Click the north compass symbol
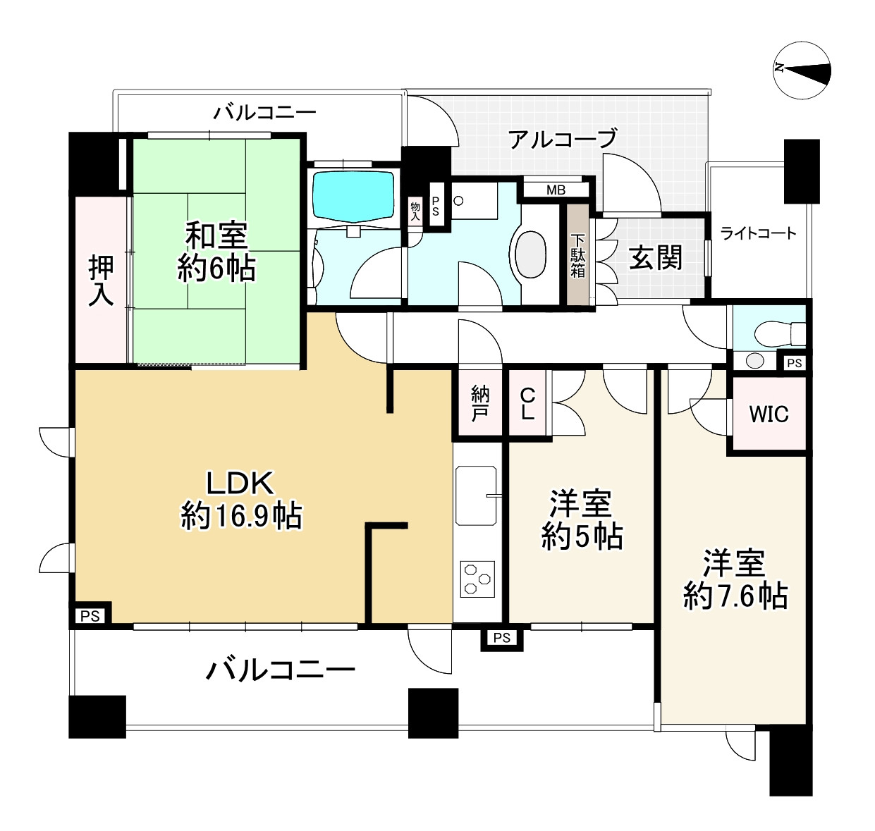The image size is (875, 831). [x=802, y=69]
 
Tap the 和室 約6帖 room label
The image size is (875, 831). [x=216, y=252]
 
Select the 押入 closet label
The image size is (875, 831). [x=102, y=280]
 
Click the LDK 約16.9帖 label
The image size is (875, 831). [x=241, y=500]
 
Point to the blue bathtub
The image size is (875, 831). [x=353, y=196]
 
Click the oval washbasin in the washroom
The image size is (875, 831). [x=532, y=255]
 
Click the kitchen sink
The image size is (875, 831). [x=476, y=495]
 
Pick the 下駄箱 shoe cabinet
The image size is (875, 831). [x=578, y=254]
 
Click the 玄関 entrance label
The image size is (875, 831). [x=656, y=258]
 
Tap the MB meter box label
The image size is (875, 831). [x=556, y=190]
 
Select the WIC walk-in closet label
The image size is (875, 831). [x=769, y=414]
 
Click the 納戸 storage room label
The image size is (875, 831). [x=479, y=404]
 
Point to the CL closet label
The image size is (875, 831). [x=527, y=404]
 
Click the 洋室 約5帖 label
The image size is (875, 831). [x=582, y=520]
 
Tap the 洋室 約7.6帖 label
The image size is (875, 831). [x=735, y=579]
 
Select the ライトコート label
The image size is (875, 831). [x=758, y=233]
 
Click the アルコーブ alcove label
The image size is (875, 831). [x=563, y=139]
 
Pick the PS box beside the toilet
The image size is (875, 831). [x=795, y=364]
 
